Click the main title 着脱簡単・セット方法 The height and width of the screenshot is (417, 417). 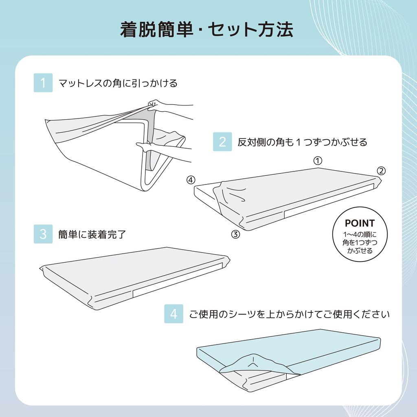coord(206,30)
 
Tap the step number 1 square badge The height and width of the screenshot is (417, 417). coord(43,83)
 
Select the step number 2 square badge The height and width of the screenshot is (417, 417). coord(222,142)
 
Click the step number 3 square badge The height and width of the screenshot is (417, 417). coord(43,234)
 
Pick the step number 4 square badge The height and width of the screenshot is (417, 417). coord(173,314)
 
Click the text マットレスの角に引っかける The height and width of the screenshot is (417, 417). coord(118,83)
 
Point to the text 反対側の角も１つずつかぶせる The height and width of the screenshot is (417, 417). coord(302,142)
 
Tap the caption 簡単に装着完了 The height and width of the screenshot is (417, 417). coord(92,235)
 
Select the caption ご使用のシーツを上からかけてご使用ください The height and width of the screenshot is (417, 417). coord(290,314)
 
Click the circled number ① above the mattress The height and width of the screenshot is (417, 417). coord(318,160)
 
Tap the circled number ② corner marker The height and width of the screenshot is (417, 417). coord(380,171)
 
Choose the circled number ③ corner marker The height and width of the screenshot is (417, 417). coord(235,234)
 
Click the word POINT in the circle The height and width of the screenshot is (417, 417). coord(359,223)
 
